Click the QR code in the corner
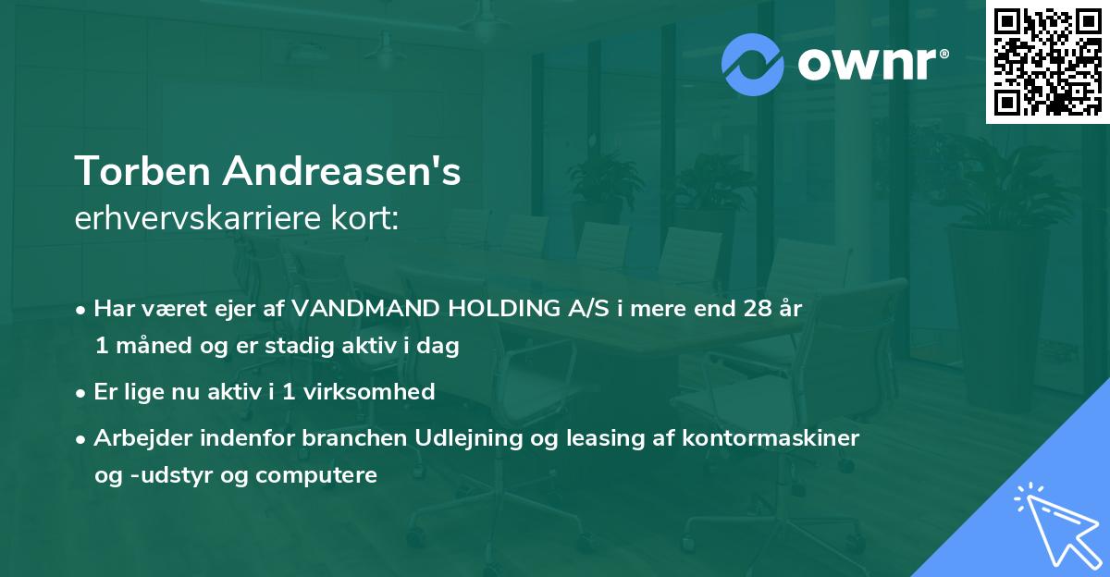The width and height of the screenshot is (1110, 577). (1047, 61)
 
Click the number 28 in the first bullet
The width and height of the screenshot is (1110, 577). (748, 309)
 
